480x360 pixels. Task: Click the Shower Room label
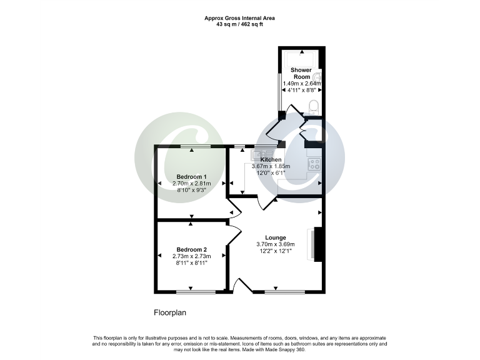[x=301, y=73]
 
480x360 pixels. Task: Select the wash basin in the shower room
[x=317, y=74]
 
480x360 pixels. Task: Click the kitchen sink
[x=262, y=153]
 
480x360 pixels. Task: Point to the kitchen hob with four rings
[x=314, y=164]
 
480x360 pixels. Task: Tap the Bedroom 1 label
[x=191, y=177]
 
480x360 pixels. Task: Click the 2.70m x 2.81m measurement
[x=192, y=184]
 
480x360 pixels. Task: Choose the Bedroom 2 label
[x=192, y=249]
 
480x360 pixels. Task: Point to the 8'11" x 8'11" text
[x=192, y=263]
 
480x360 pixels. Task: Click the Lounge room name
[x=276, y=237]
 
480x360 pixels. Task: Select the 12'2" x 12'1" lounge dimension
[x=276, y=251]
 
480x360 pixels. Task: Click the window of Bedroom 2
[x=192, y=292]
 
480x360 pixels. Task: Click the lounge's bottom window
[x=285, y=292]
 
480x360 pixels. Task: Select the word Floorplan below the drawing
[x=170, y=312]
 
